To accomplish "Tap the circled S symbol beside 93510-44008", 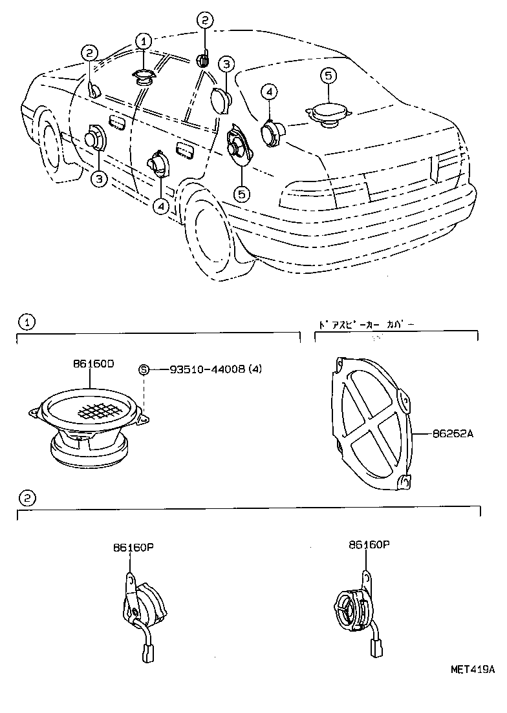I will point(144,369).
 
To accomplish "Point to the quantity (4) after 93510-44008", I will point(260,369).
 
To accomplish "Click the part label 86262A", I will point(453,435).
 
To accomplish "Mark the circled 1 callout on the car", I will point(143,42).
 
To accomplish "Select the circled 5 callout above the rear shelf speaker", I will point(328,76).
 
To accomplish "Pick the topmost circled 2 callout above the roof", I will point(204,21).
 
